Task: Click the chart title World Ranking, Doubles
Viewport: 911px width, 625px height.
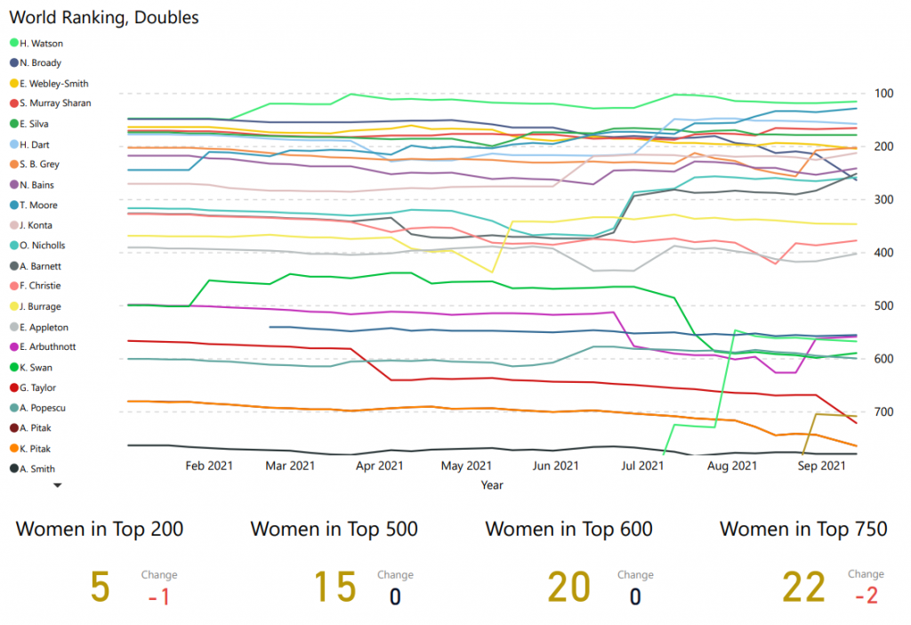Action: pyautogui.click(x=104, y=17)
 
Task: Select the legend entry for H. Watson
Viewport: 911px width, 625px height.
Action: pyautogui.click(x=41, y=43)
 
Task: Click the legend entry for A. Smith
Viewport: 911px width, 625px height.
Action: pyautogui.click(x=37, y=468)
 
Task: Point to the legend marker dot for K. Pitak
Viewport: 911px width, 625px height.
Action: pyautogui.click(x=14, y=448)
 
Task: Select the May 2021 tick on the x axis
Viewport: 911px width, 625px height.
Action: pyautogui.click(x=467, y=466)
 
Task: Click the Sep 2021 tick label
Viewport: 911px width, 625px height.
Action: pyautogui.click(x=821, y=466)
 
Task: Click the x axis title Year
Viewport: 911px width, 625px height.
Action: pyautogui.click(x=492, y=485)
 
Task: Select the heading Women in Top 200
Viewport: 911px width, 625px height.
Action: pyautogui.click(x=101, y=529)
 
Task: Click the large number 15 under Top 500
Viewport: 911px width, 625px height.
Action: pyautogui.click(x=335, y=588)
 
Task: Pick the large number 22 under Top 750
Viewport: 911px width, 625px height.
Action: pyautogui.click(x=803, y=588)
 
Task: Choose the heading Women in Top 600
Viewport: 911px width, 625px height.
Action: pyautogui.click(x=568, y=529)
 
